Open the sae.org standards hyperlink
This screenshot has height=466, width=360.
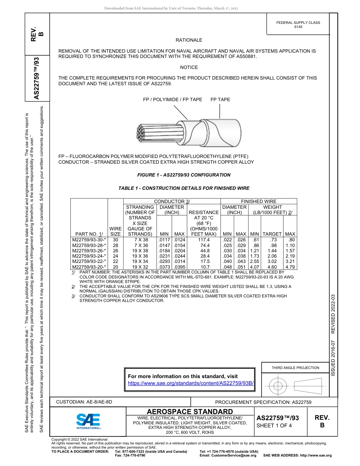[x=191, y=383]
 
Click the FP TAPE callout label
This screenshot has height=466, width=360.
[x=220, y=100]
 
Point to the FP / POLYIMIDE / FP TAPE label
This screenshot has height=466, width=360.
[x=172, y=100]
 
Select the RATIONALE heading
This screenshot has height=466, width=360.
[x=189, y=40]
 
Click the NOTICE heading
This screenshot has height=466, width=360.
[x=189, y=67]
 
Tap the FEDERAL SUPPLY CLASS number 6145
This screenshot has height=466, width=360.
[x=298, y=27]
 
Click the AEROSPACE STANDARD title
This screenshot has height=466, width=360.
[x=190, y=412]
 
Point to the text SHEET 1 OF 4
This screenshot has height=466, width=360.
[x=274, y=425]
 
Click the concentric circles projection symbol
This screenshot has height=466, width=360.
[x=278, y=386]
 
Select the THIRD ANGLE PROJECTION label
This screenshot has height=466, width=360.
[x=295, y=367]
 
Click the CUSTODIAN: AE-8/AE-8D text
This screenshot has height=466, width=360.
[x=84, y=402]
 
